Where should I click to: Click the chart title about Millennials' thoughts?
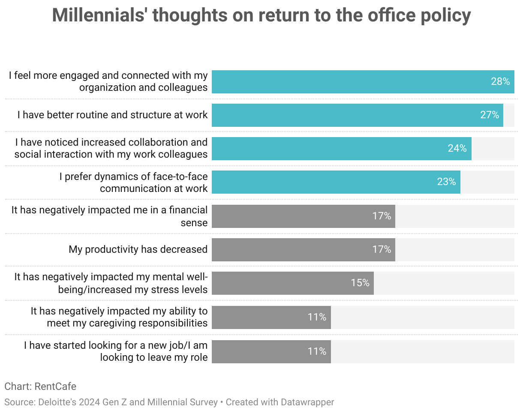click(261, 16)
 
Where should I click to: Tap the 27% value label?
click(490, 115)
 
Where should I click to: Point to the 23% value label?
click(446, 182)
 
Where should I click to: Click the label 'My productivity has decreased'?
click(138, 249)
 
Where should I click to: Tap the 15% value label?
click(360, 283)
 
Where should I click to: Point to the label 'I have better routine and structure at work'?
click(112, 115)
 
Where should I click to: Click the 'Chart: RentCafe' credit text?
click(40, 386)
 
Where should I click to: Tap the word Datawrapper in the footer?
click(307, 402)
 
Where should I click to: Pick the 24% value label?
click(457, 148)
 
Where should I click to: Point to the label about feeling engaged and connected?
click(109, 81)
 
